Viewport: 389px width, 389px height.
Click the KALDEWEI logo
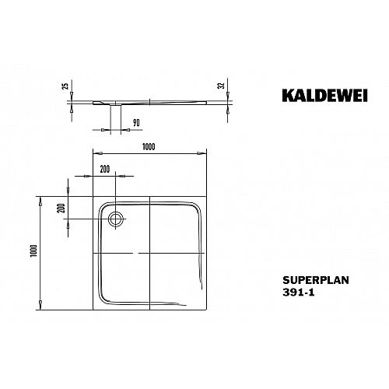pos(324,96)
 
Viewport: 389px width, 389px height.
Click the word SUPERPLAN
pos(316,280)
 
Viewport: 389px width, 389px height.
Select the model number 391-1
pos(298,293)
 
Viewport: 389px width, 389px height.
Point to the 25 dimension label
pos(66,86)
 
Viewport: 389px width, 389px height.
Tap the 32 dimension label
pos(221,86)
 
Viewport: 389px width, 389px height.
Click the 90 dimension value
pos(136,123)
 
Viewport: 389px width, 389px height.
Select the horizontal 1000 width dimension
pos(149,147)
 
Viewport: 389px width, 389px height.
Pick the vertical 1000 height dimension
pos(34,251)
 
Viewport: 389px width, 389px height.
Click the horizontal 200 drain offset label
pos(105,169)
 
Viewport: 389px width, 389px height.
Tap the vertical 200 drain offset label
pos(61,208)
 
